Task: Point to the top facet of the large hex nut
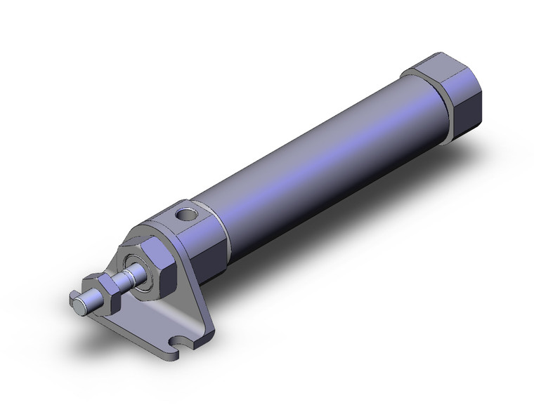click(x=151, y=242)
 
